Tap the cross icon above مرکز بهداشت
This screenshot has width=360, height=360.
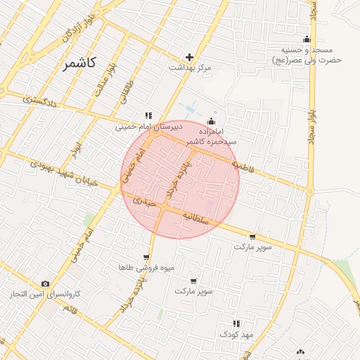[189, 57]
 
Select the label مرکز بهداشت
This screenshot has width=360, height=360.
[190, 68]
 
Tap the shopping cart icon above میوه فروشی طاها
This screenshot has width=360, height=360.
[146, 257]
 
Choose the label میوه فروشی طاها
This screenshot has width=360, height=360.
[146, 268]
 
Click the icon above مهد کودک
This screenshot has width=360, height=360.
[236, 324]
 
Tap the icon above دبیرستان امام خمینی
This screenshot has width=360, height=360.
[148, 116]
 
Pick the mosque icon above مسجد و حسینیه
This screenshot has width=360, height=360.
[306, 39]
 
